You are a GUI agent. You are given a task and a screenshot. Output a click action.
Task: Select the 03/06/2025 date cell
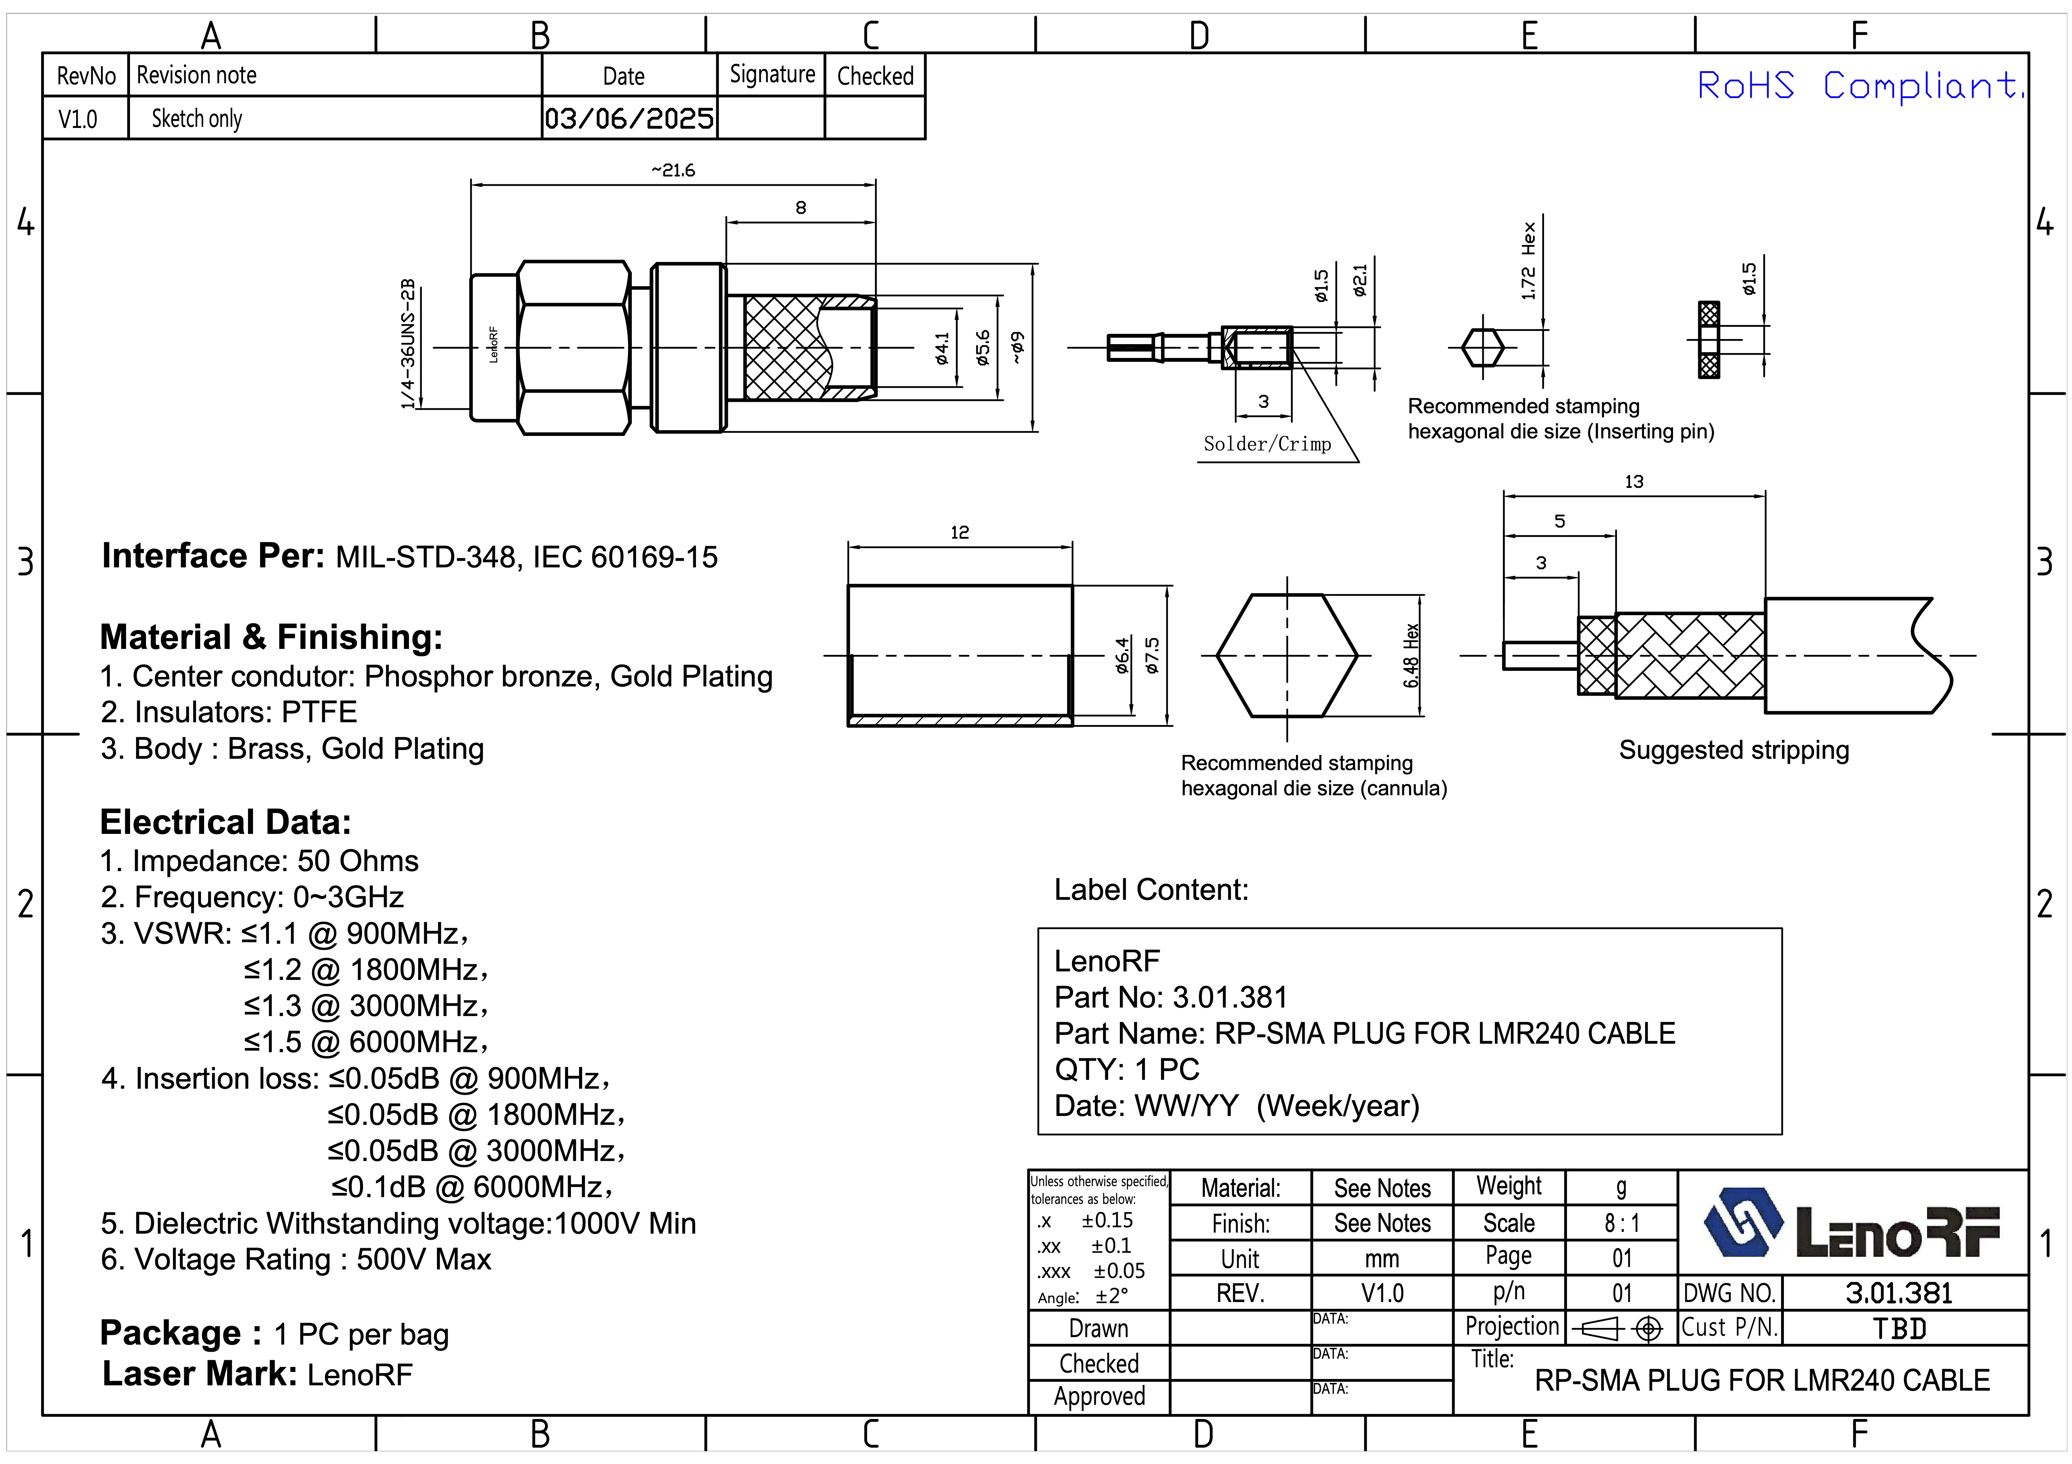click(629, 118)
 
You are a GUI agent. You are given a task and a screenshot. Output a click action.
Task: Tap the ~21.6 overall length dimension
click(673, 170)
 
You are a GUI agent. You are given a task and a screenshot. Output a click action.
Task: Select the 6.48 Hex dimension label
click(1411, 655)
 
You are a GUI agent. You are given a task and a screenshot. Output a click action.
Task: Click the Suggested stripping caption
click(1734, 750)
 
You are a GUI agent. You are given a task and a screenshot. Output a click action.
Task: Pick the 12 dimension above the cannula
click(959, 533)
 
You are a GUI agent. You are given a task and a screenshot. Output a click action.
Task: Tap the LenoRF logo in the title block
click(1852, 1224)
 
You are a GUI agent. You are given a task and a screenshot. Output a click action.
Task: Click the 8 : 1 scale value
click(1622, 1223)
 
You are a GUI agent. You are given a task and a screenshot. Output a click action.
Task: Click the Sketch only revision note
click(197, 118)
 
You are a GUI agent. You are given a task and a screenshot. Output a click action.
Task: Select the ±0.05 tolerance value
click(1119, 1271)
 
